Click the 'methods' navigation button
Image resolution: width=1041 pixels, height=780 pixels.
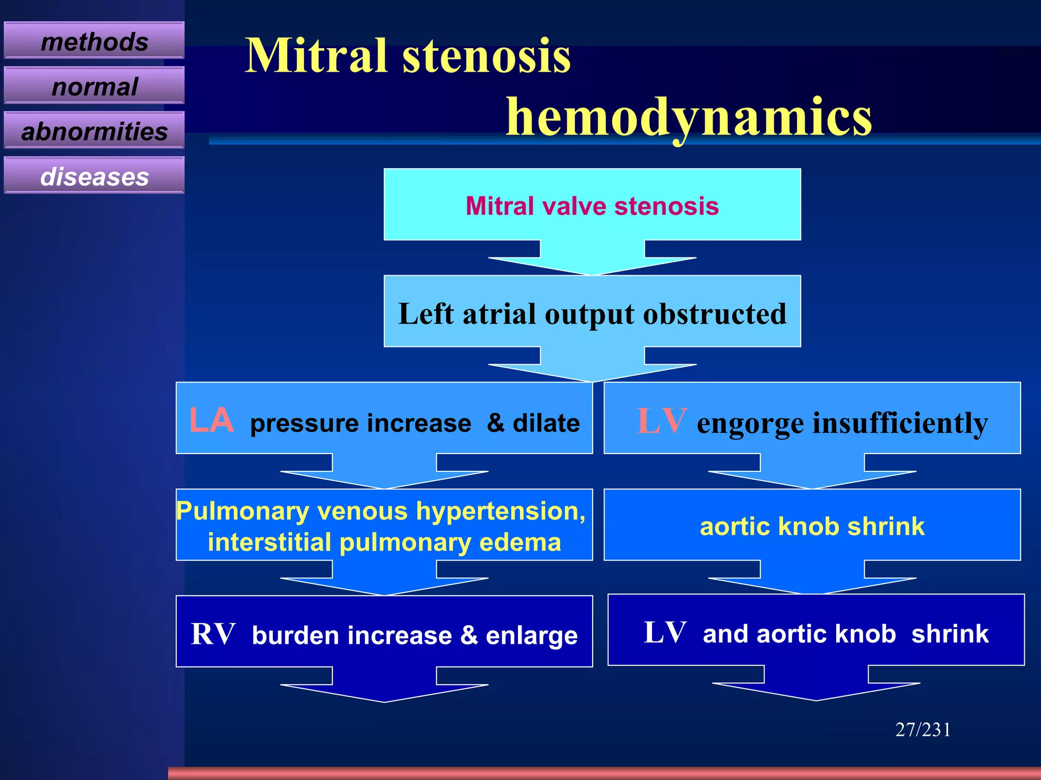click(94, 41)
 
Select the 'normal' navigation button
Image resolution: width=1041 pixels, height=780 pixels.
click(94, 86)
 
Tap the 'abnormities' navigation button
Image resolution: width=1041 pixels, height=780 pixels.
click(94, 132)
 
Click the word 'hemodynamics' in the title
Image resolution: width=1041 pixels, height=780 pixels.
click(689, 118)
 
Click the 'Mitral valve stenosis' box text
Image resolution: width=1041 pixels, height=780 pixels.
click(592, 206)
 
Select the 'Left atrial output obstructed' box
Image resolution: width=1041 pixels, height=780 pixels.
click(592, 313)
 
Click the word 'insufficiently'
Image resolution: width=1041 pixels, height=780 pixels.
click(900, 423)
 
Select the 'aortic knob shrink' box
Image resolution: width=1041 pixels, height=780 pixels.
click(812, 526)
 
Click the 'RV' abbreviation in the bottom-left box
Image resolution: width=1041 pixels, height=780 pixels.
click(213, 634)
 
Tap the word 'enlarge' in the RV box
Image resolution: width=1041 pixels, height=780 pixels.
click(531, 636)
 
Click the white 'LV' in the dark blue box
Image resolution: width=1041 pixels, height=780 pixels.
click(665, 633)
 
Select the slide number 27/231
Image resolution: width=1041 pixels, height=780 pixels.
click(923, 730)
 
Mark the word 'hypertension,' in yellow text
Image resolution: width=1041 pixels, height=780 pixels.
click(501, 511)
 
